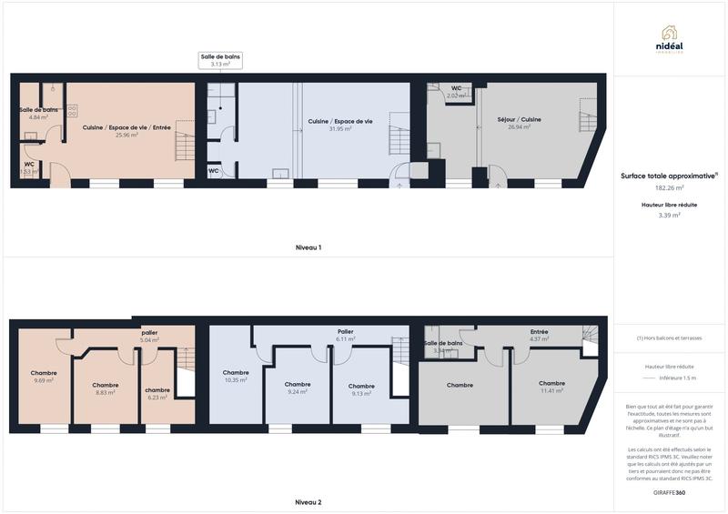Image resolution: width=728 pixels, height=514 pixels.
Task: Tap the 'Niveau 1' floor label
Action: click(x=308, y=247)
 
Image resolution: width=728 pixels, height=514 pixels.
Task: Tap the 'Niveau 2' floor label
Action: click(x=308, y=501)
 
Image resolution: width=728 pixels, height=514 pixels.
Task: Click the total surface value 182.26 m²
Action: click(x=670, y=188)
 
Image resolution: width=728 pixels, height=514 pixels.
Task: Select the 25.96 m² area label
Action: click(x=126, y=135)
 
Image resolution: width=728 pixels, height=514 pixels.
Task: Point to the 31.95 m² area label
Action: click(x=339, y=128)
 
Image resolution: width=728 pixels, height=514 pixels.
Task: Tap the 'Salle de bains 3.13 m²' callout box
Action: click(x=220, y=61)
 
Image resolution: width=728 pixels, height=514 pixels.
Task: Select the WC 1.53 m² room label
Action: click(x=29, y=168)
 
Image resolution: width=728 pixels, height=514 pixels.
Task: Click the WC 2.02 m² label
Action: click(x=456, y=92)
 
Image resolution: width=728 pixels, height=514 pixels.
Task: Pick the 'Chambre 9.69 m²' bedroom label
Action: click(x=44, y=377)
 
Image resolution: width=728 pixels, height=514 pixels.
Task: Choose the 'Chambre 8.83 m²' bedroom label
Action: click(x=106, y=388)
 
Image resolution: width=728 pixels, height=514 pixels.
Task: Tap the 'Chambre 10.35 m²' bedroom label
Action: click(x=236, y=377)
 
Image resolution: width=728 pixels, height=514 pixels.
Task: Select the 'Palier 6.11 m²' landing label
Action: click(x=345, y=335)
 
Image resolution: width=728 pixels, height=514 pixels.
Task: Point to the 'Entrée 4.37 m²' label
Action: click(x=539, y=336)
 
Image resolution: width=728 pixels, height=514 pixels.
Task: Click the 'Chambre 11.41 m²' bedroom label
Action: click(x=551, y=387)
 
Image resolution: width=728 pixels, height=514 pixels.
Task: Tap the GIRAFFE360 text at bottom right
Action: click(x=669, y=492)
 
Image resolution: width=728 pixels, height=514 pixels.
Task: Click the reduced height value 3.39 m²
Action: click(x=670, y=216)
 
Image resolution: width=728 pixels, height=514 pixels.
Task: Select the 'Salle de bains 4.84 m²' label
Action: click(x=38, y=114)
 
